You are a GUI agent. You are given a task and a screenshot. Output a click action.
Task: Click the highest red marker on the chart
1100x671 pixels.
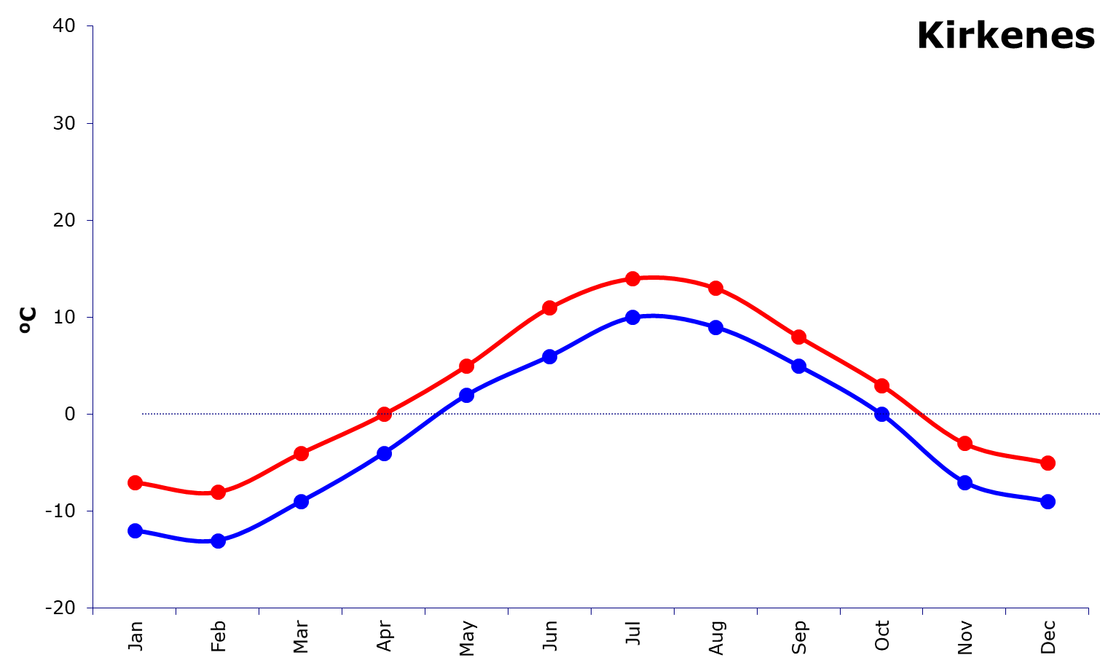632,278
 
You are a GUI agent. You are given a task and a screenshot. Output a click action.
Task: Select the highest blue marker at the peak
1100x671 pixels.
632,317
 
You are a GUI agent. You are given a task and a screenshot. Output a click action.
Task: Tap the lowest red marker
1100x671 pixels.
218,493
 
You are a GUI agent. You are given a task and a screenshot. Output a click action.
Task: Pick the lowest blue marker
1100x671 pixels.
218,541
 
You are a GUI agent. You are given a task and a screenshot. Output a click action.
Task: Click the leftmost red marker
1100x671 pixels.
135,482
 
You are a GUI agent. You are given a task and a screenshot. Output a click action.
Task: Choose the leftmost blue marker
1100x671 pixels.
135,530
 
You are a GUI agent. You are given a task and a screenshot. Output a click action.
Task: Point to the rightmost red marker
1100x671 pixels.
1048,463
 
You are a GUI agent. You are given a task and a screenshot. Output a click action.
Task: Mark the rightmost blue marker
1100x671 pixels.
1048,501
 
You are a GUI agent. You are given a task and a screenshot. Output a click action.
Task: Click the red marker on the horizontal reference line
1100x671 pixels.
384,415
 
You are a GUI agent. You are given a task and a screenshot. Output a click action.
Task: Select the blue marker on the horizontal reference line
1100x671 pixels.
881,415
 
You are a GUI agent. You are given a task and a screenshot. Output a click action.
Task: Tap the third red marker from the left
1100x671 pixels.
301,453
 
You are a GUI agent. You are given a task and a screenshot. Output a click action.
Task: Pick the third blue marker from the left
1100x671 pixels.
301,501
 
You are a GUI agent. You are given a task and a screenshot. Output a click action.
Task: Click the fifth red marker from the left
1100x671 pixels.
466,366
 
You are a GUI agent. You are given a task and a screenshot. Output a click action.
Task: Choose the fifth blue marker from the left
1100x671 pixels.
466,395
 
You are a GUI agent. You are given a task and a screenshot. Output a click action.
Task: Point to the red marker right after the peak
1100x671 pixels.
715,288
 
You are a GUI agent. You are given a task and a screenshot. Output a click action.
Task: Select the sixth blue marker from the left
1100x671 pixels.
549,356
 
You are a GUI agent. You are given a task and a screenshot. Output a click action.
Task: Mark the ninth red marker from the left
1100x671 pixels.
798,337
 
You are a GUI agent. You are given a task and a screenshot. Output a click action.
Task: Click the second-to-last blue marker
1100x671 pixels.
965,482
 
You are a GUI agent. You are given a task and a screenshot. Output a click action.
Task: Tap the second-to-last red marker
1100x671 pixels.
965,443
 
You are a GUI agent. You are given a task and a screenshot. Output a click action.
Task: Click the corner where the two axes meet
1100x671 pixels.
93,608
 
